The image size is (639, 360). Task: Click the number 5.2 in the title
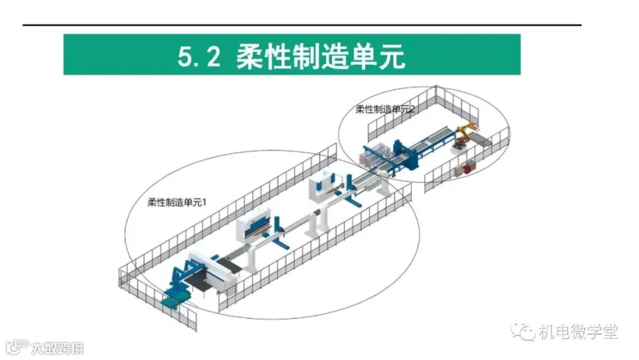(197, 56)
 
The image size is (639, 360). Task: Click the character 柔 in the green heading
(250, 56)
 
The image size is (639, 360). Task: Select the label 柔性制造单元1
(176, 202)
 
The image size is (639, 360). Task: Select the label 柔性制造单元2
(386, 109)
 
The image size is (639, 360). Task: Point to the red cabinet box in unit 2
(466, 168)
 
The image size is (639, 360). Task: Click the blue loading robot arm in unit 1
(180, 277)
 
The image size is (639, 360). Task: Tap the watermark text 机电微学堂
(578, 332)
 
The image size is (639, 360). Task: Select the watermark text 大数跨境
(57, 348)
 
